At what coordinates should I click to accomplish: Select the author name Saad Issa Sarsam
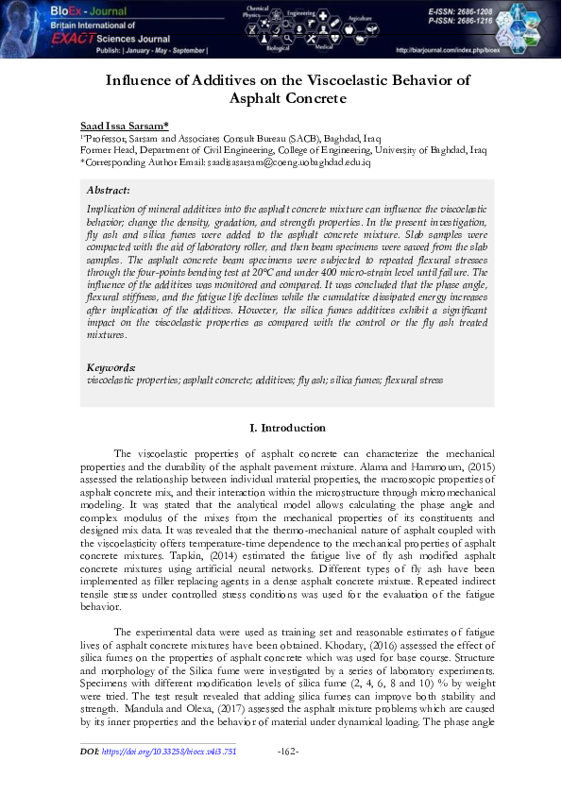124,125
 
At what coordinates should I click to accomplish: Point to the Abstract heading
108,190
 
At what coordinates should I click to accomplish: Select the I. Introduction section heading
287,428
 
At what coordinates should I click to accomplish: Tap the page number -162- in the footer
289,752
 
